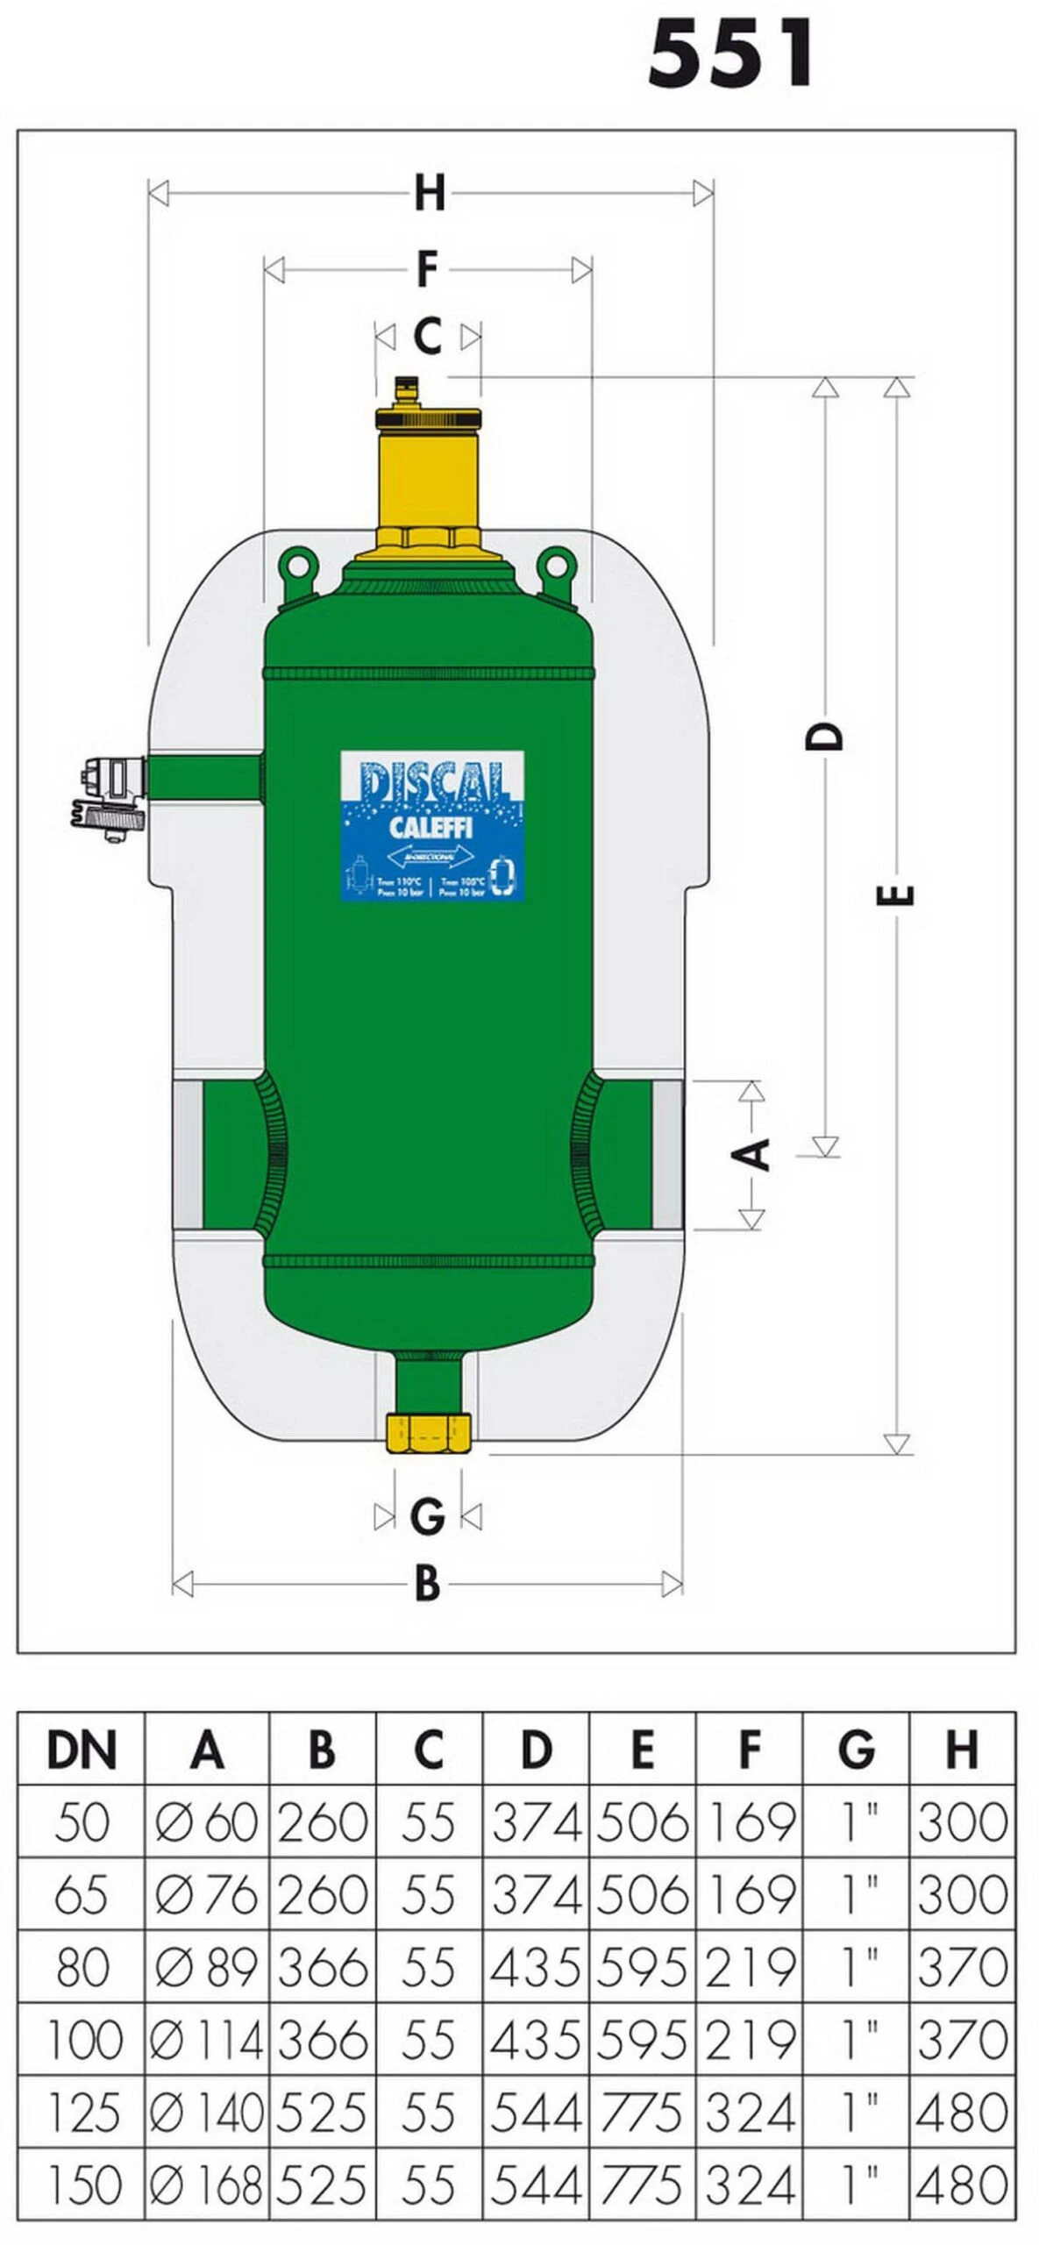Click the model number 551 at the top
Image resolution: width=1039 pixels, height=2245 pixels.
tap(731, 54)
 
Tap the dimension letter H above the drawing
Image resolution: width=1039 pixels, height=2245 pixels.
tap(430, 194)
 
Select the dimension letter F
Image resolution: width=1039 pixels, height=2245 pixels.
tap(427, 269)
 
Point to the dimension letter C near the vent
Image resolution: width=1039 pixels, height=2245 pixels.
tap(427, 337)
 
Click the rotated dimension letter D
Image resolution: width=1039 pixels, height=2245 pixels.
tap(824, 737)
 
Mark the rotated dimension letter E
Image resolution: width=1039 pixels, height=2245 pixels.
tap(896, 895)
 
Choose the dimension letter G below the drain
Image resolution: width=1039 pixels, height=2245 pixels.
tap(427, 1516)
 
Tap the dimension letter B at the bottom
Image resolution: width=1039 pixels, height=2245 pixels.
tap(427, 1584)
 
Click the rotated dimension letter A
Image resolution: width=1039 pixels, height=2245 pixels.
tap(751, 1154)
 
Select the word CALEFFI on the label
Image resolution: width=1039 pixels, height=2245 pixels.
tap(431, 828)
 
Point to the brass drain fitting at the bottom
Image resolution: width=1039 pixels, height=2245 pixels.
tap(428, 1433)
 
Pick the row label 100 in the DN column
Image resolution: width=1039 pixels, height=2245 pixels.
tap(83, 2041)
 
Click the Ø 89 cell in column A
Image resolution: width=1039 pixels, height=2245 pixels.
tap(207, 1968)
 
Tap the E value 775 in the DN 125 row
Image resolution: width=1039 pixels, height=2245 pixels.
tap(642, 2113)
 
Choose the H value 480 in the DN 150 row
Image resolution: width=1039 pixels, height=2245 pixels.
tap(962, 2185)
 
